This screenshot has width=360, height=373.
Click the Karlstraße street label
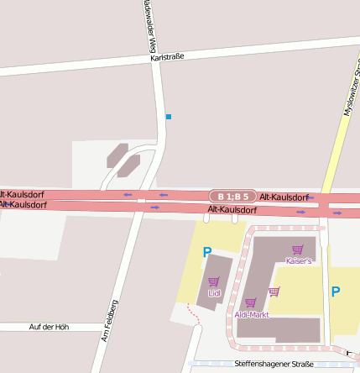166,56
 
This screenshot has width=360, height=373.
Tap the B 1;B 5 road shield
232,196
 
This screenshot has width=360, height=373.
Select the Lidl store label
214,293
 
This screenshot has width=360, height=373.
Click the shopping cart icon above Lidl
214,282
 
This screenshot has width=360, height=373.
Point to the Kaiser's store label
299,261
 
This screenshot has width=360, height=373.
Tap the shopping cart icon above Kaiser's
297,250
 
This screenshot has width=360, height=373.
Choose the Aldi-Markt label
252,314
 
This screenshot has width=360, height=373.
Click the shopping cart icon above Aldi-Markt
250,302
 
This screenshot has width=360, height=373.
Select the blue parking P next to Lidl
206,251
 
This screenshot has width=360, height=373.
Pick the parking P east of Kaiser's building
336,292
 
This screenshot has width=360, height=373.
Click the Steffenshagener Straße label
274,364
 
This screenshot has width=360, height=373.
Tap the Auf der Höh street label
49,326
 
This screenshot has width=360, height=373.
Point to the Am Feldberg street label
110,320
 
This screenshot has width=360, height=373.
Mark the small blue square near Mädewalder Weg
169,116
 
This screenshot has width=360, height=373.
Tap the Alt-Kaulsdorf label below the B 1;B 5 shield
232,209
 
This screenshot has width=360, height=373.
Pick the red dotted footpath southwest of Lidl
194,316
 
